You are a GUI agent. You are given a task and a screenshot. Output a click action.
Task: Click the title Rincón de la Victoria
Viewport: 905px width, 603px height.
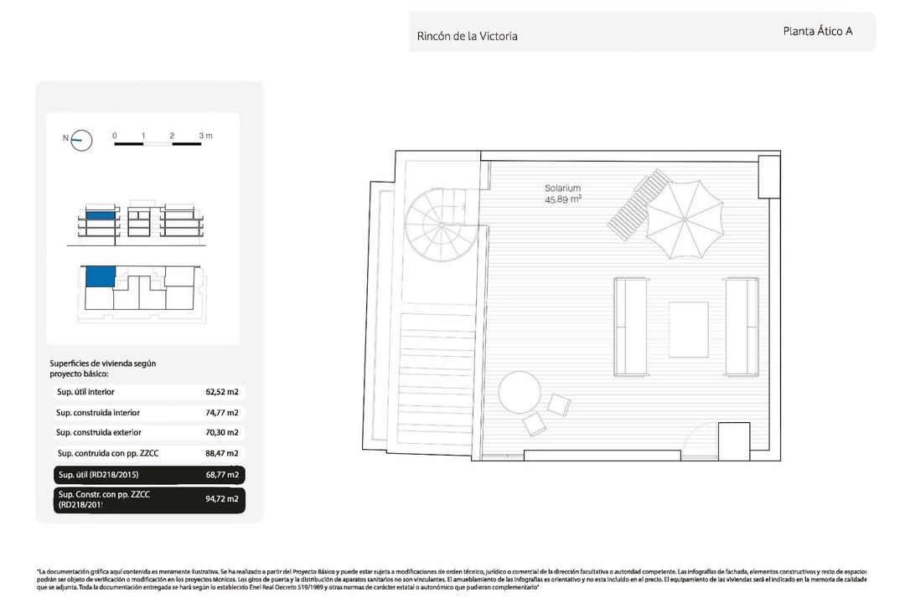tap(467, 36)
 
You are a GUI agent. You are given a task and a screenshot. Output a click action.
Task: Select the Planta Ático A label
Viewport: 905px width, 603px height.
tap(817, 31)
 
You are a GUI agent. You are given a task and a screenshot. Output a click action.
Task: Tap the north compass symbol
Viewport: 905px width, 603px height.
tap(81, 140)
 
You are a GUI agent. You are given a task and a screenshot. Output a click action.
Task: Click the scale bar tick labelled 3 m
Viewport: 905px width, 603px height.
tap(204, 136)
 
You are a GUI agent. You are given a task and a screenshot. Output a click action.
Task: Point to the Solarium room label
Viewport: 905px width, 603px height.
tap(562, 188)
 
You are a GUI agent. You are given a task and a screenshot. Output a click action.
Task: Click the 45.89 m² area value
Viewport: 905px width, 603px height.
tap(562, 199)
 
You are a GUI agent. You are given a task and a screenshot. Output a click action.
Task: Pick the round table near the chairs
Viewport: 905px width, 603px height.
tap(520, 394)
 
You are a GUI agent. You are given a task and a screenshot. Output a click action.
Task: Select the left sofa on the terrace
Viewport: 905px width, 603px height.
tap(630, 326)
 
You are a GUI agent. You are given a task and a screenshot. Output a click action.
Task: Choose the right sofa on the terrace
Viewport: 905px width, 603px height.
tap(742, 326)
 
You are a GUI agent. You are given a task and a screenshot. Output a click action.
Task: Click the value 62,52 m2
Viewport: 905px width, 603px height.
tap(222, 391)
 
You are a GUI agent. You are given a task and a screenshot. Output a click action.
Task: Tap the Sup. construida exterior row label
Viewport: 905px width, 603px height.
tap(99, 432)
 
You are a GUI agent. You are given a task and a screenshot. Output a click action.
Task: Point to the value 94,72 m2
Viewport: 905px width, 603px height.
tap(222, 499)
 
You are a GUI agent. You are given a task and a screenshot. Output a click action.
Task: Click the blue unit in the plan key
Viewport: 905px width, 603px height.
tap(100, 276)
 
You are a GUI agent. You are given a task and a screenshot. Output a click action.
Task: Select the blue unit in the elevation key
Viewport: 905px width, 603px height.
tap(100, 216)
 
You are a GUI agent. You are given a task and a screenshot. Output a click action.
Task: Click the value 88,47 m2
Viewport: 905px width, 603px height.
tap(222, 453)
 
